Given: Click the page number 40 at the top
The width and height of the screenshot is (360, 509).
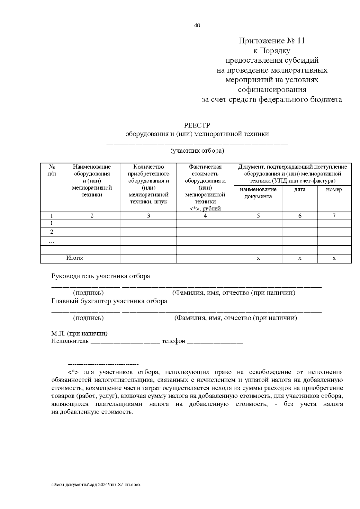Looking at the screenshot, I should coord(197,25).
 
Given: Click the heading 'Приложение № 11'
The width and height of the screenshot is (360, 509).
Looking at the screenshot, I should coord(271,41).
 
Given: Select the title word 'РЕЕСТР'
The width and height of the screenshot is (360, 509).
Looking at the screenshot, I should coord(197,125).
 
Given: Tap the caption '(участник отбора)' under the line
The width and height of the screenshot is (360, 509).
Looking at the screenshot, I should coord(197,151).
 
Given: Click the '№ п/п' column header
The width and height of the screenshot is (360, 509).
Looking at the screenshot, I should coord(52,170).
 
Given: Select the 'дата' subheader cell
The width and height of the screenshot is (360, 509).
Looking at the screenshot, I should coord(300,190).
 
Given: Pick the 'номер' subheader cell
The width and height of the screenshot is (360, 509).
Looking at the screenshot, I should coord(334,190).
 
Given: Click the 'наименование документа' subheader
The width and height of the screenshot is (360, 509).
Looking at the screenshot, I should coord(258,193).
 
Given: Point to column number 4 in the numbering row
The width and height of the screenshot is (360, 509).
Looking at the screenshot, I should coord(205,215).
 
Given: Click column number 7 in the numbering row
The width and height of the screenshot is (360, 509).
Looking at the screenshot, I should coord(334,215).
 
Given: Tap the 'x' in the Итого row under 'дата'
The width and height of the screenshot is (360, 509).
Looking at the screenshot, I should coord(300,258).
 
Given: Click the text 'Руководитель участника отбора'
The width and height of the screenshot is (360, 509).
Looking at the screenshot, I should coord(100,276).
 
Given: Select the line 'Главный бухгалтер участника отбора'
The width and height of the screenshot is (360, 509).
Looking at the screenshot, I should coord(109,301).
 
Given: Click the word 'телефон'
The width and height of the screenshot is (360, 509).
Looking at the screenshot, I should coord(173,341).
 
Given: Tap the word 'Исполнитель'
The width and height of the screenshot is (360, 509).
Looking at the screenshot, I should coord(70,341).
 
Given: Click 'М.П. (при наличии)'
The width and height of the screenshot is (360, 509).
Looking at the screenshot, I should coord(79,334).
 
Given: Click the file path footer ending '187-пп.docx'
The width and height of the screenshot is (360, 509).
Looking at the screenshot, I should coord(96,484).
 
